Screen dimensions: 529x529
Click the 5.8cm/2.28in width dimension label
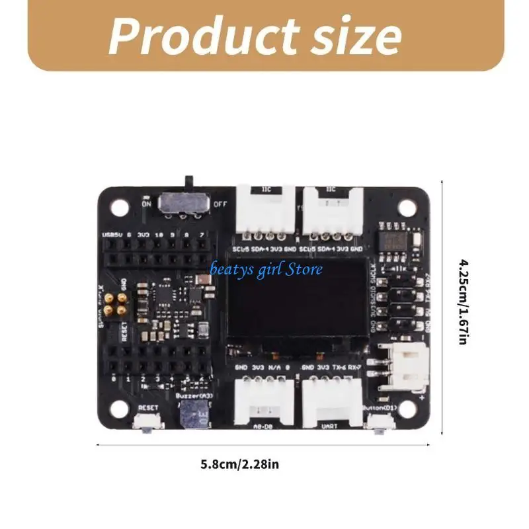coord(240,464)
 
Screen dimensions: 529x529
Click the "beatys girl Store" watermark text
coord(266,269)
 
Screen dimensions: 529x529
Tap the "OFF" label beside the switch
coord(221,204)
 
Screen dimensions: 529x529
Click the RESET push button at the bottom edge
coord(145,424)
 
